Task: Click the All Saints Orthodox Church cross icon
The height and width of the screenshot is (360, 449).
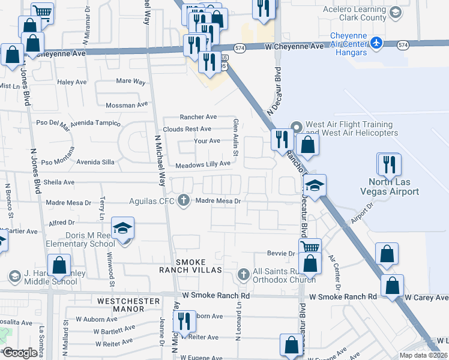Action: tap(243, 274)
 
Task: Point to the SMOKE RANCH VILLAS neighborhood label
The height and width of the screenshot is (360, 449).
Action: tap(190, 266)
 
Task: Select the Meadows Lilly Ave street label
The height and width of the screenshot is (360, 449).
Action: tap(203, 164)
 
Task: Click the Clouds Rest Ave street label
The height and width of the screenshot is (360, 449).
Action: tap(187, 129)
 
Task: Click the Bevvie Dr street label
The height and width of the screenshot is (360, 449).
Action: tap(281, 254)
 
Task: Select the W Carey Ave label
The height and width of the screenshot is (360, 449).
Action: tap(426, 297)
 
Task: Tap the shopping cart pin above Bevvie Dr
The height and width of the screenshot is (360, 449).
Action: tap(310, 247)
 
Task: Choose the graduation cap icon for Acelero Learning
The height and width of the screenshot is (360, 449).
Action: tap(396, 12)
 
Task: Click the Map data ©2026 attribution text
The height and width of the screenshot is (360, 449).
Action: tap(424, 355)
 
